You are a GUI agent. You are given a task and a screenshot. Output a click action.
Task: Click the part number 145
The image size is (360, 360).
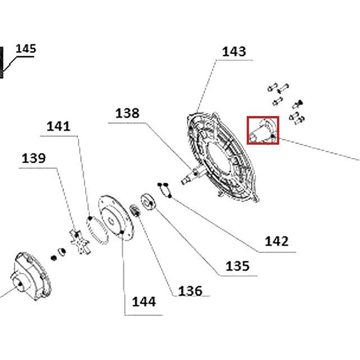coord(26,49)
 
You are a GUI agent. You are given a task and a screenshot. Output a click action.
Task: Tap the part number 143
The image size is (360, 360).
coord(234,52)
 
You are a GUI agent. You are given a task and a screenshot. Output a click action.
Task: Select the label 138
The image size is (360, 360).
coord(127,113)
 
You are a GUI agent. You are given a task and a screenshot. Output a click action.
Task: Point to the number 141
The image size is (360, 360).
coord(58,127)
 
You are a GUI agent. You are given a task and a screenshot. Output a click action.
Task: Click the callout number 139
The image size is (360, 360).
coord(34,159)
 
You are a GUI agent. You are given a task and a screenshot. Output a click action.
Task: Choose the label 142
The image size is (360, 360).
coord(276,242)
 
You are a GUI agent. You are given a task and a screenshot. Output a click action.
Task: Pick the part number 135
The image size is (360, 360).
coord(237,266)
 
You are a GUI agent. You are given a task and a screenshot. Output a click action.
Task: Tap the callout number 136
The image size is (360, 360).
coord(190,291)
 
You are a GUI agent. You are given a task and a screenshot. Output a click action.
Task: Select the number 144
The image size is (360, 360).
coord(144,302)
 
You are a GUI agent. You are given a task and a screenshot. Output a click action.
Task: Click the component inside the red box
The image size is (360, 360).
coord(263,130)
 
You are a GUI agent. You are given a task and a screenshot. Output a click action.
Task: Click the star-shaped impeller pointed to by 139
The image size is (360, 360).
coord(79,242)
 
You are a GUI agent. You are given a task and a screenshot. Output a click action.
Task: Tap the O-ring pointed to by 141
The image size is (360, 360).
coord(98,229)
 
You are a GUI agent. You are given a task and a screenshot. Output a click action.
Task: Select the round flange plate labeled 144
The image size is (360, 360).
coord(116,218)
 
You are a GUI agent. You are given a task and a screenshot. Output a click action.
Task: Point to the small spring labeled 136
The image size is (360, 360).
coord(135,211)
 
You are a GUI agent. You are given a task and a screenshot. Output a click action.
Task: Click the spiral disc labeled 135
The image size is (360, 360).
coord(148,202)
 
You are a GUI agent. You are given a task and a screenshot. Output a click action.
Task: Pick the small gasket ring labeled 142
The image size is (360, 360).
coord(165,190)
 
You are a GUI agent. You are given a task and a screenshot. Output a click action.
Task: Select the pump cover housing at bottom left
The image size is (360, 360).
coord(31,276)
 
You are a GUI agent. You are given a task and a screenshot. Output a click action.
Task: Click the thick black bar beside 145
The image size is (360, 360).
coord(1,62)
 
